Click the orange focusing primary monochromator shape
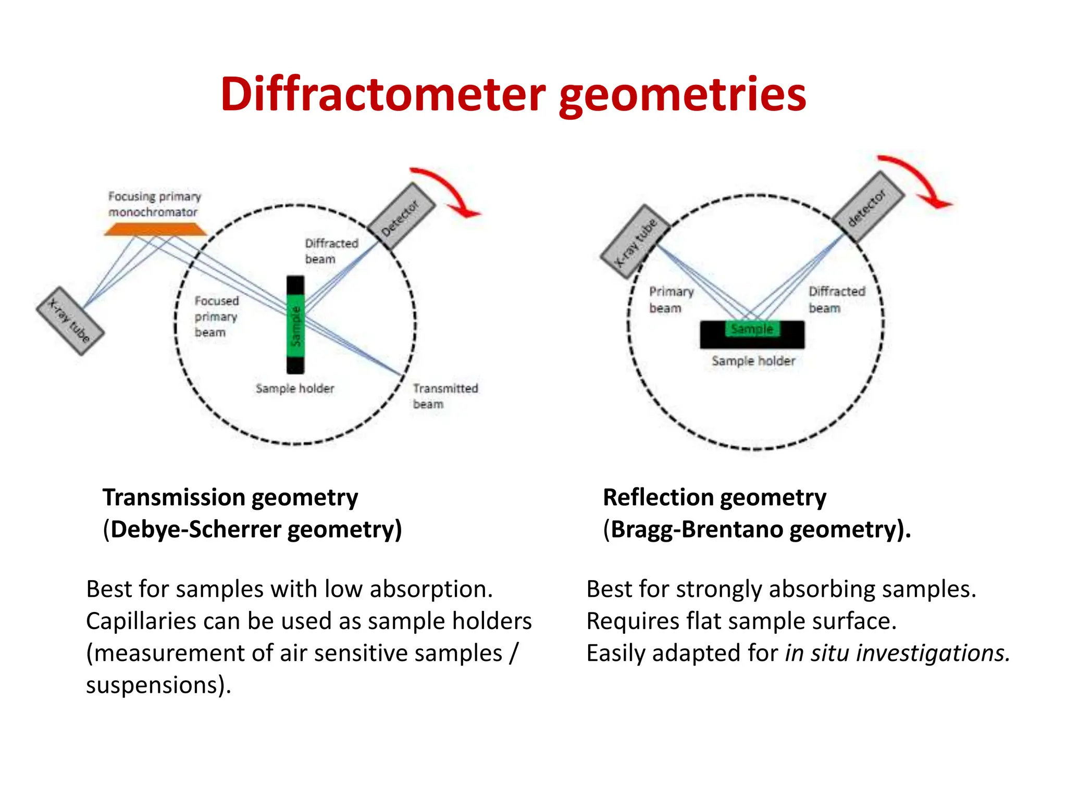coord(155,229)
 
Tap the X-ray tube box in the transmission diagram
coord(70,321)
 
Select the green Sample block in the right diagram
coord(752,329)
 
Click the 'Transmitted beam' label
coord(445,396)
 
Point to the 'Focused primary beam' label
coord(216,316)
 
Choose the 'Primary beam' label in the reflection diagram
coord(671,299)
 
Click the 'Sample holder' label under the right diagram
coord(753,361)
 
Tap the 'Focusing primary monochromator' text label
coord(154,204)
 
